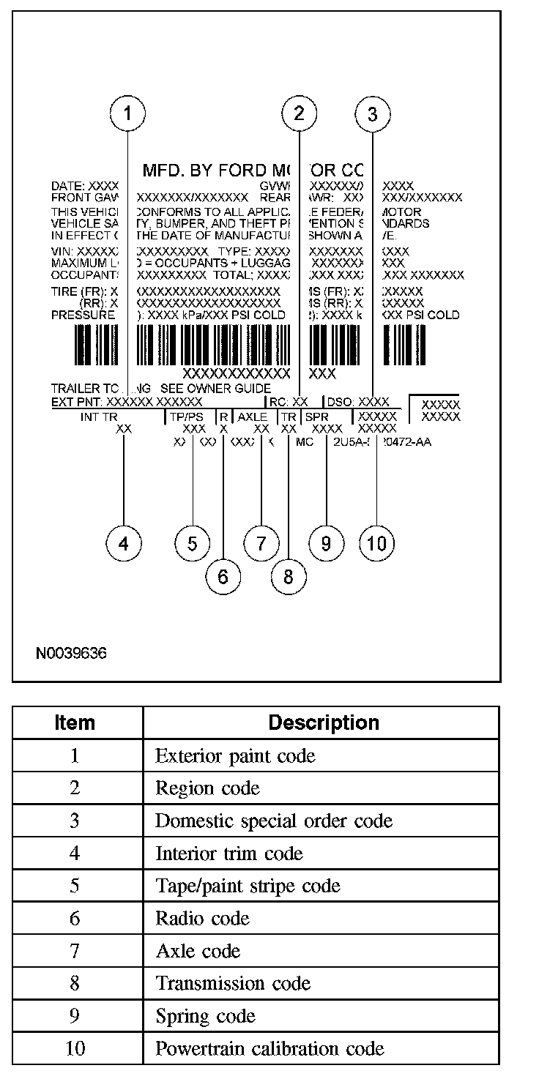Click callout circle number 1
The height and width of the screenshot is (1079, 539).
(127, 114)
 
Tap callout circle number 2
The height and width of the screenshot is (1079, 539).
(299, 114)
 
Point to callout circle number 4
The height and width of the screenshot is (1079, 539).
(124, 544)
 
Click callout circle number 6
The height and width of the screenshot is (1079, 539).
(223, 577)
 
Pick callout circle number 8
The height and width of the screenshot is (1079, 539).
(288, 577)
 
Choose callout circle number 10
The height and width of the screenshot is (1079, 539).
(376, 544)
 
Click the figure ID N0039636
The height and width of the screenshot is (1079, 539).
(71, 653)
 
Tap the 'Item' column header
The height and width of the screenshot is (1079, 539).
(75, 723)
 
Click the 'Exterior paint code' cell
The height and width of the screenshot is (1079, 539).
(235, 755)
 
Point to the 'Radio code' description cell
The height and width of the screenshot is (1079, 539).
(202, 918)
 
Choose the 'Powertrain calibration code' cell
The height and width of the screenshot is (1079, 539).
(269, 1048)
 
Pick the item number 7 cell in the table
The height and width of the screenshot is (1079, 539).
(75, 951)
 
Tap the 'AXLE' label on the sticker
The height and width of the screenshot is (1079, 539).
(253, 416)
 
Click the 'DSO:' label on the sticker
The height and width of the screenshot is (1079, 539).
(340, 402)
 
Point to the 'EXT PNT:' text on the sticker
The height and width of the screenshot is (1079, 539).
(77, 402)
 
